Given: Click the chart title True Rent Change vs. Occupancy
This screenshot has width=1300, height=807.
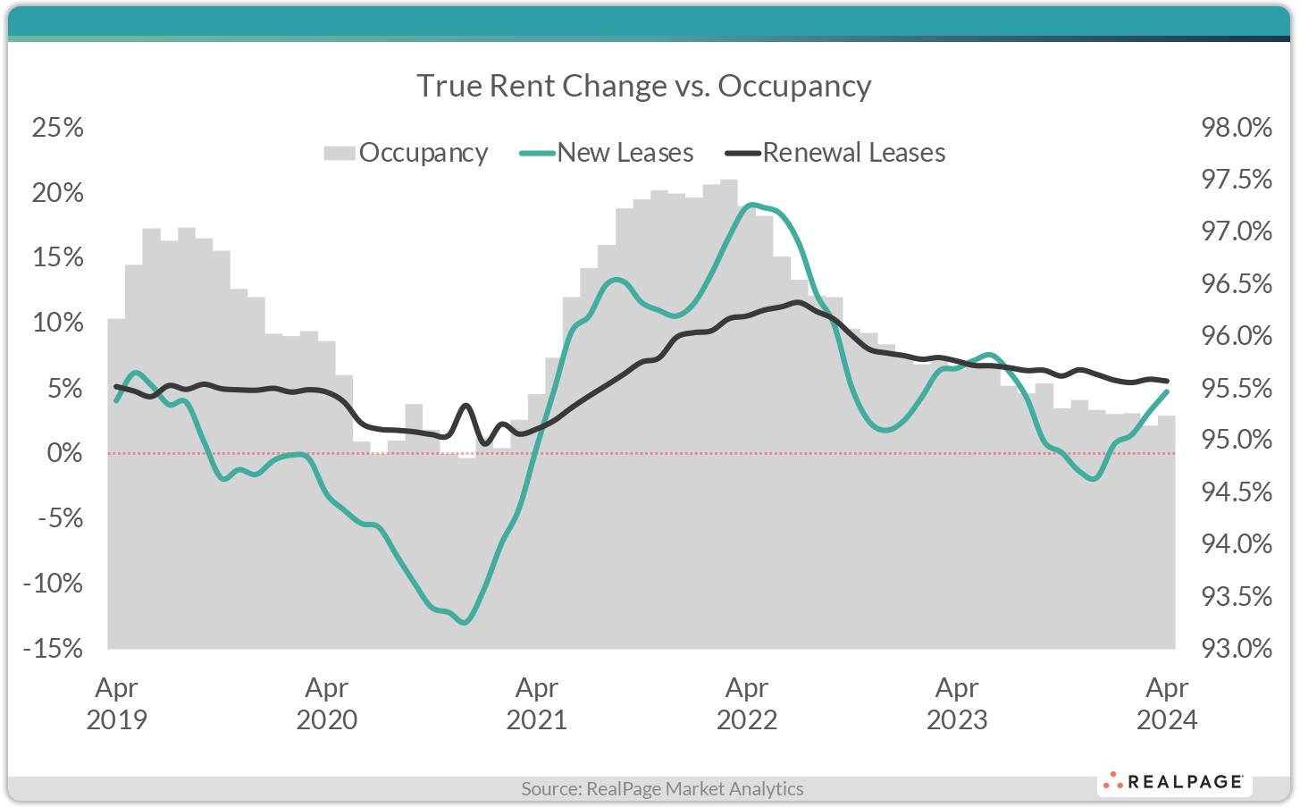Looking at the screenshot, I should click(643, 86).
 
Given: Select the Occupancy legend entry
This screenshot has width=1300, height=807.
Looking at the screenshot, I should click(407, 153).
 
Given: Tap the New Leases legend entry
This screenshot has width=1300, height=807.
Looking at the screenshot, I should click(608, 153).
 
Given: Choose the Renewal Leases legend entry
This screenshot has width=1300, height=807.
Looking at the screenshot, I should click(835, 153).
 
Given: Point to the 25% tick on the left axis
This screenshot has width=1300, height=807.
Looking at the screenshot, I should click(58, 128).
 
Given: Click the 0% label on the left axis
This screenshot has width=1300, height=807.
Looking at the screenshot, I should click(64, 453).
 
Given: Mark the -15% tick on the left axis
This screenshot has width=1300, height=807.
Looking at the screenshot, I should click(53, 648).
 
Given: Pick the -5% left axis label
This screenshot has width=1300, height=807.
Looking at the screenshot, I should click(58, 518).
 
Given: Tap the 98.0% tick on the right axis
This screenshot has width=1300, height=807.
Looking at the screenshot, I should click(1237, 128).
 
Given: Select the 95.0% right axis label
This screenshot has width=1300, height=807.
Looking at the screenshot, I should click(1237, 440).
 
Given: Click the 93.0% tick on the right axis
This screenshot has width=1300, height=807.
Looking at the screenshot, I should click(1237, 648).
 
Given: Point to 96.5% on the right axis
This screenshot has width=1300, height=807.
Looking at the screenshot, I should click(1237, 284).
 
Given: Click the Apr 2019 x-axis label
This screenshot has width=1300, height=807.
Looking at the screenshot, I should click(116, 703).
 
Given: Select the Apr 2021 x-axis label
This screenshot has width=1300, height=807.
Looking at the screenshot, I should click(536, 703).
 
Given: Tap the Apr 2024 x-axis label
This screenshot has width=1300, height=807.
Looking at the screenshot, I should click(1166, 703).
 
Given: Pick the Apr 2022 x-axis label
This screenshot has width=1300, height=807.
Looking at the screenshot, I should click(746, 703).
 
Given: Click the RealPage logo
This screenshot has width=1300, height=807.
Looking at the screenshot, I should click(1174, 781).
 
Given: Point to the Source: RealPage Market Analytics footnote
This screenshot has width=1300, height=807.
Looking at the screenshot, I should click(662, 788).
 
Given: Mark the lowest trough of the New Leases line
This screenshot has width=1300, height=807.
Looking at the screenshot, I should click(464, 622).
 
